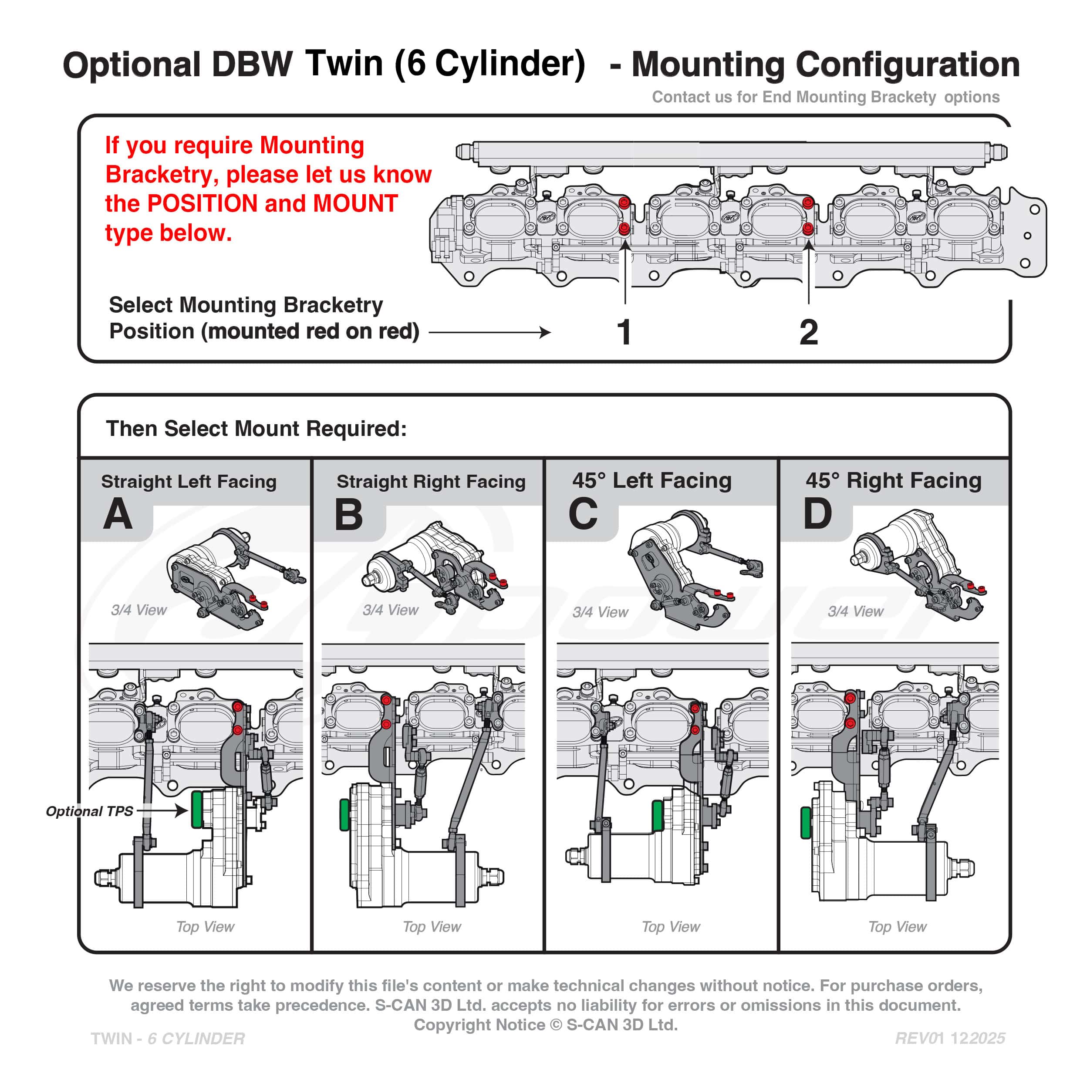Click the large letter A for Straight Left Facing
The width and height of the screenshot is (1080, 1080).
pos(118,514)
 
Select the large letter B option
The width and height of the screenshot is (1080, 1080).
pos(348,514)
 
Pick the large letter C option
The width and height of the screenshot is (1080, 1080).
pos(583,514)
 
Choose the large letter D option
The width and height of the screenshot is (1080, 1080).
pos(817,514)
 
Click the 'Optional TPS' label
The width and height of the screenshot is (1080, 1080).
pos(89,811)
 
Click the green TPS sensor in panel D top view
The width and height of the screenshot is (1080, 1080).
pos(806,823)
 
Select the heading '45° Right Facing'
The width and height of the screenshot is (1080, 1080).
pos(893,481)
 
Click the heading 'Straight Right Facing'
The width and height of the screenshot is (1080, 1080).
pos(431,482)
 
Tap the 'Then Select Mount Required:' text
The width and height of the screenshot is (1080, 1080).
pos(256,429)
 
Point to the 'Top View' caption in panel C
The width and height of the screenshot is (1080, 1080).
pos(670,927)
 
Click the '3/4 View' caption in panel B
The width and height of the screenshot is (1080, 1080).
pos(390,610)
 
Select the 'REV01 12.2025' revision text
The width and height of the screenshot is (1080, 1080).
pos(950,1038)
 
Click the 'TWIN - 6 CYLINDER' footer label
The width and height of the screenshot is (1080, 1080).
pos(168,1039)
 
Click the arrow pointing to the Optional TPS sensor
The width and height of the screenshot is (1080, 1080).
pos(162,810)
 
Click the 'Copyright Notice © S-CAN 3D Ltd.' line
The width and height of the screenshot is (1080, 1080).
pos(546,1025)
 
